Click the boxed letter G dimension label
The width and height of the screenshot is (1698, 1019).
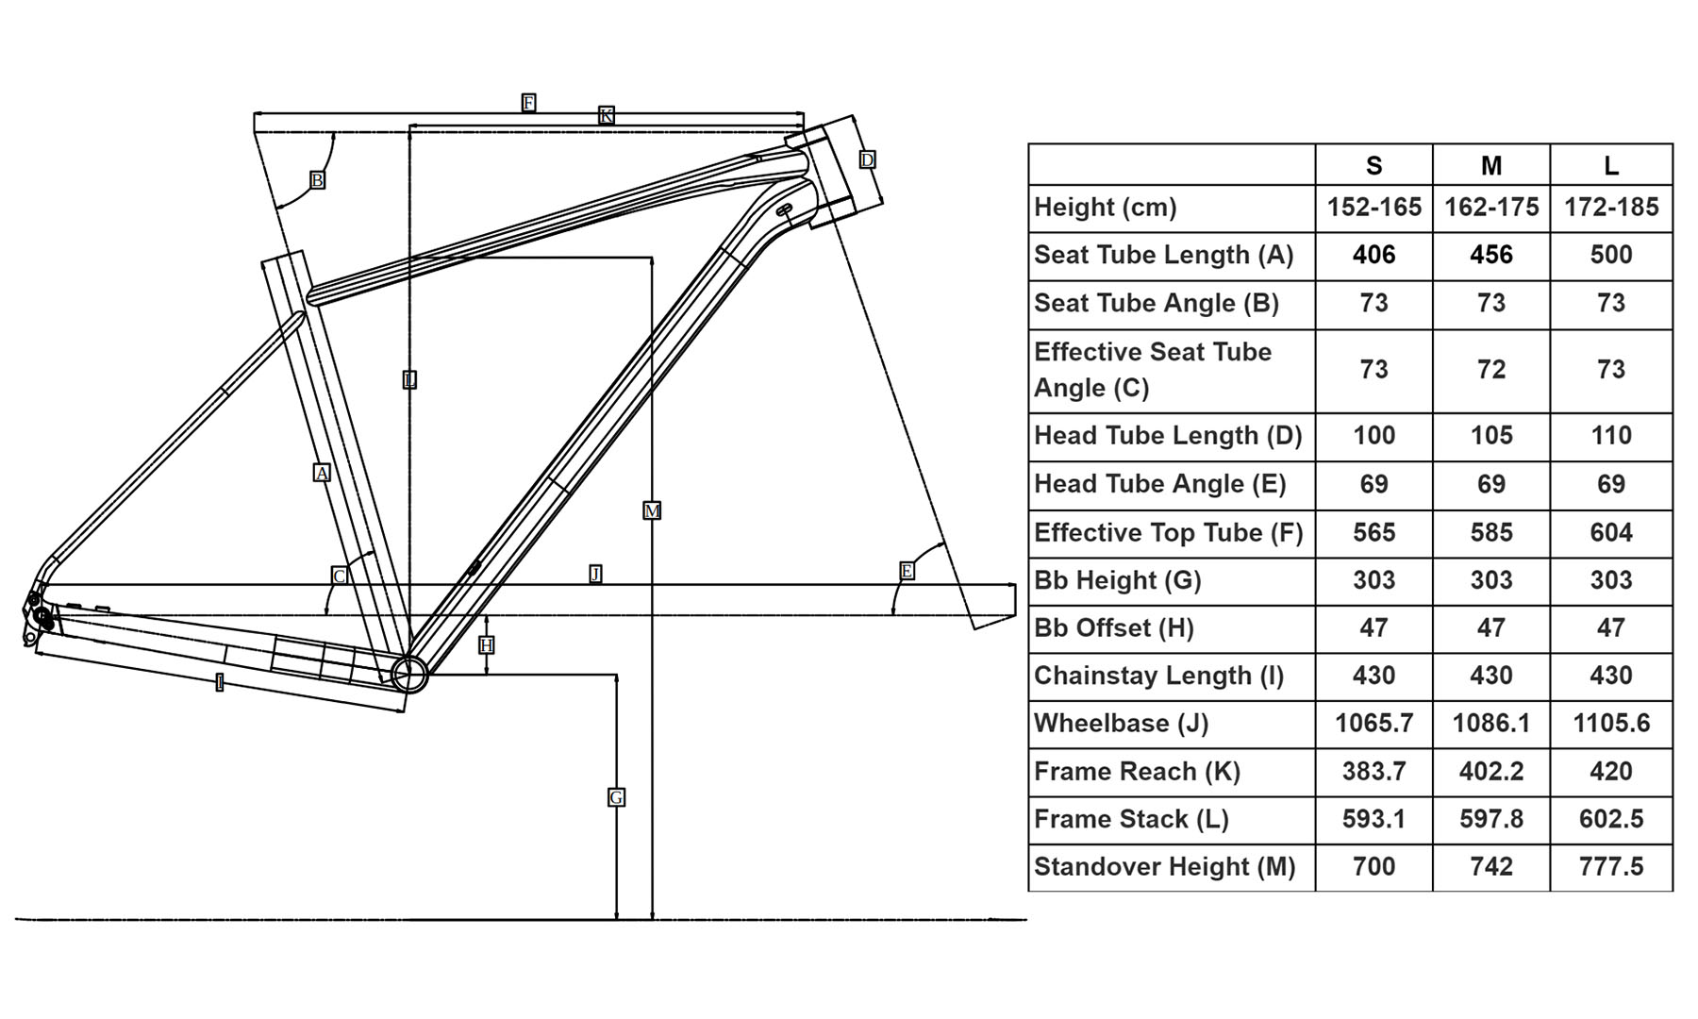click(x=616, y=797)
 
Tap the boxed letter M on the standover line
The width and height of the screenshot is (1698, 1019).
click(x=652, y=510)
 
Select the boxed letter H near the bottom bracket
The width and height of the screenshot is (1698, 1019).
click(x=487, y=645)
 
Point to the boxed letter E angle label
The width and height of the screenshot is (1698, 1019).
click(x=907, y=571)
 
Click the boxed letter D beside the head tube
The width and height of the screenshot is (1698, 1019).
click(x=867, y=159)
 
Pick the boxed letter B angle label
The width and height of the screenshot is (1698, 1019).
click(x=317, y=179)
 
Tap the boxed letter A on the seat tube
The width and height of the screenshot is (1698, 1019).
click(x=322, y=473)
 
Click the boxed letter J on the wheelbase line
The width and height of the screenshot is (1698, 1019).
click(x=595, y=574)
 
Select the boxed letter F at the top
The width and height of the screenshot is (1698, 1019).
click(x=528, y=102)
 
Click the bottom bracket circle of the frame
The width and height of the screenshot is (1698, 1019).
click(x=409, y=674)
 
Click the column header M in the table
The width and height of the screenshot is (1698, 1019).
click(x=1490, y=166)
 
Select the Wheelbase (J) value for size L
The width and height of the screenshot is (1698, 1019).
click(x=1610, y=724)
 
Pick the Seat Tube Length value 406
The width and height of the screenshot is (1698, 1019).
click(x=1373, y=255)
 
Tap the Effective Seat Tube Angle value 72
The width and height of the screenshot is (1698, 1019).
click(x=1490, y=369)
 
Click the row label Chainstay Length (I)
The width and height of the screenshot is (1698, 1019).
click(x=1158, y=676)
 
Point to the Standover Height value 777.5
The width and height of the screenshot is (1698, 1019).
click(x=1610, y=866)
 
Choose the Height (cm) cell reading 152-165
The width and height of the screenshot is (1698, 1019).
click(x=1373, y=208)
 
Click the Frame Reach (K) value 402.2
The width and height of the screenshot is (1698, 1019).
click(x=1490, y=772)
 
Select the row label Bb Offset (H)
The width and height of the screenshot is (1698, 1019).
click(x=1113, y=628)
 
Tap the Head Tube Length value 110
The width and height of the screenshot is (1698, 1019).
click(x=1610, y=436)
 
